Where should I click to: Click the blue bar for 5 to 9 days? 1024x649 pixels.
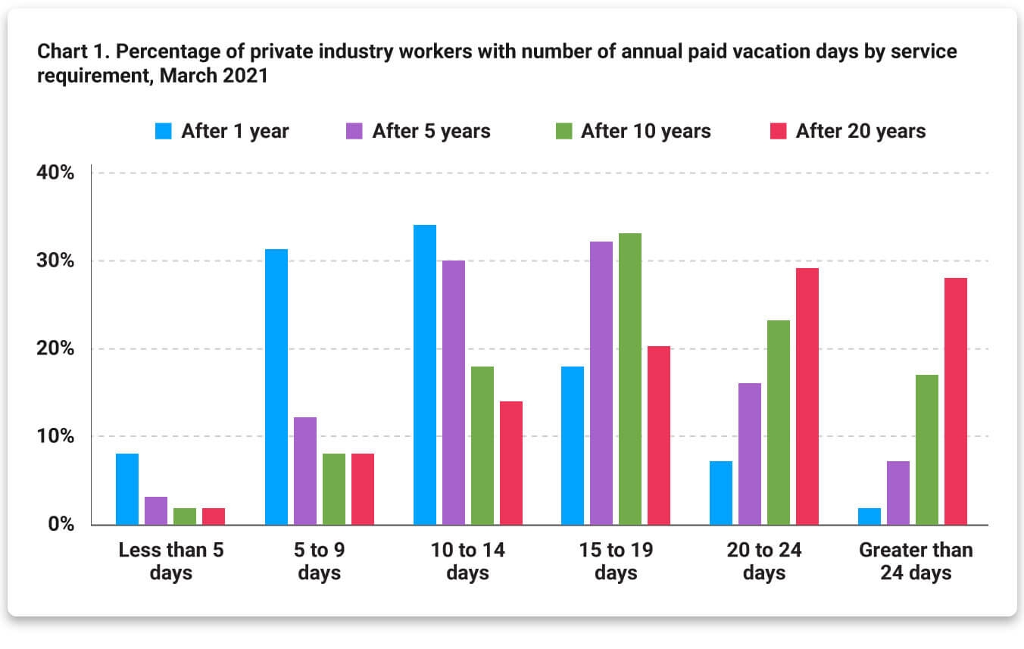point(276,386)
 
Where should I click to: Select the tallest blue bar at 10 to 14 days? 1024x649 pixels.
point(425,375)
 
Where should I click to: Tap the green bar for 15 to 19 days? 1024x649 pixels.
point(630,379)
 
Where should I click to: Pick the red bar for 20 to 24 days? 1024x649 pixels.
point(807,396)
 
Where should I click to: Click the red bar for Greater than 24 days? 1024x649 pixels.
point(955,401)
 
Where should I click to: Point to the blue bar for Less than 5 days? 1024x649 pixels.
point(127,489)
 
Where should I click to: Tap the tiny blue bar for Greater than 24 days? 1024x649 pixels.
point(869,516)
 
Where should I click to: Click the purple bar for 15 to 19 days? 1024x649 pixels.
point(601,383)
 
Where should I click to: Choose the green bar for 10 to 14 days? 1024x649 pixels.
point(482,445)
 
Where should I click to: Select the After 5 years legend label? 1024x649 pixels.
point(431,131)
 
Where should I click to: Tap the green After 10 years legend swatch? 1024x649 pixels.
point(564,131)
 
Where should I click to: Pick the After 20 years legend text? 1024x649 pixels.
point(860,131)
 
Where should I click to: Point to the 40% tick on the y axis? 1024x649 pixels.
point(56,173)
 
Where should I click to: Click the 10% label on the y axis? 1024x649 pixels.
point(56,437)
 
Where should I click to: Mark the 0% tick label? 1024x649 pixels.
point(61,525)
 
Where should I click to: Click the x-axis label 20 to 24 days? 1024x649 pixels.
point(764,561)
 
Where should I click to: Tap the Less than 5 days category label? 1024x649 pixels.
point(171,561)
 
